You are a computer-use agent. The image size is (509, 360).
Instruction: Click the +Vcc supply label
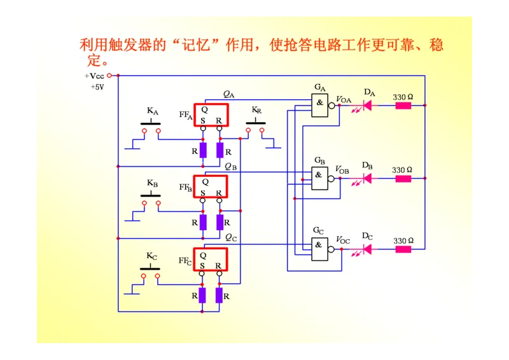(x=95, y=76)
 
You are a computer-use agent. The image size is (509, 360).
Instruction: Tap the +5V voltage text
(x=97, y=87)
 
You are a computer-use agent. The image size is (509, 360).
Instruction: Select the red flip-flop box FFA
(x=211, y=114)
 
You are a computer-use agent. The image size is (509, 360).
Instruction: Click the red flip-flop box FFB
(x=211, y=186)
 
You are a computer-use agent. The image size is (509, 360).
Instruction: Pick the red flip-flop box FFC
(x=211, y=259)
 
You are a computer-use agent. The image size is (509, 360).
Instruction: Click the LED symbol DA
(x=368, y=105)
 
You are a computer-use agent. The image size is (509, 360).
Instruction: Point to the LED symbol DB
(x=367, y=179)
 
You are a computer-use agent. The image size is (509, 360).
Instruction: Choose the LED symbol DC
(x=367, y=249)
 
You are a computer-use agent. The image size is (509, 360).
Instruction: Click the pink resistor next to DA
(x=403, y=105)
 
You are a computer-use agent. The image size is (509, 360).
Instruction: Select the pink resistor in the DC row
(x=403, y=249)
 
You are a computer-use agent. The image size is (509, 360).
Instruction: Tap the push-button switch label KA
(x=153, y=111)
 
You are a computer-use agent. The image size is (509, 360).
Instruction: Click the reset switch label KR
(x=256, y=110)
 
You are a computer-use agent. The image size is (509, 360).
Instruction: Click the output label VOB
(x=342, y=170)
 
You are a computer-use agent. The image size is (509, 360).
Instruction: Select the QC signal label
(x=231, y=237)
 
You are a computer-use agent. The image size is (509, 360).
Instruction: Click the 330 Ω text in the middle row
(x=402, y=170)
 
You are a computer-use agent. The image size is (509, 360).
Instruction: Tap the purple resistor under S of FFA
(x=203, y=150)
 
